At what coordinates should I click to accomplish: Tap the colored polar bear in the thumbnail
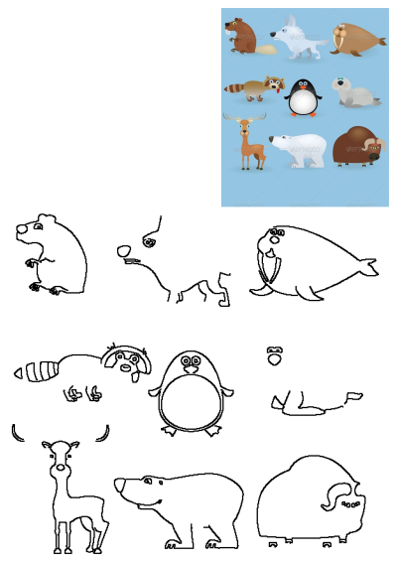click(301, 149)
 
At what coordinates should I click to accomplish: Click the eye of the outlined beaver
click(39, 227)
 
